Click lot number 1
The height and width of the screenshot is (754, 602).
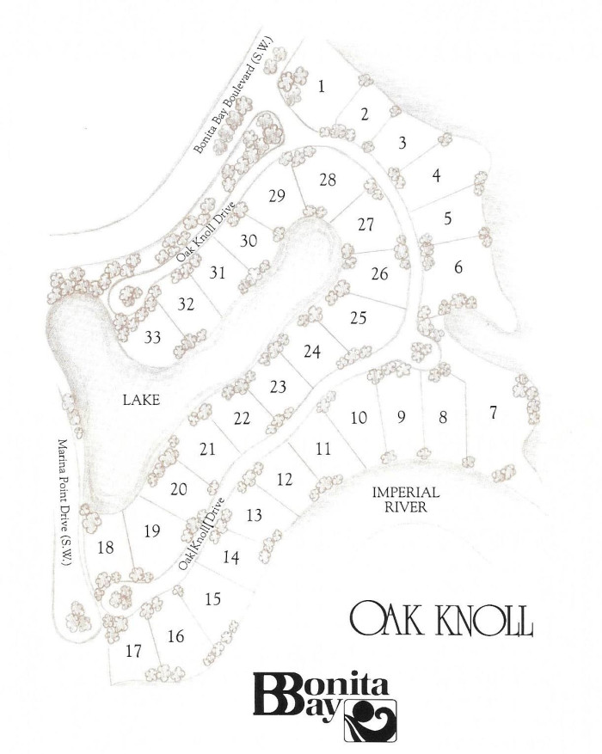(x=321, y=86)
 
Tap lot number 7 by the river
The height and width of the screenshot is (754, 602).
(x=493, y=414)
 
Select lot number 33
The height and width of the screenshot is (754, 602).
(x=153, y=337)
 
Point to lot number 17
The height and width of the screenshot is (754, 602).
(x=132, y=652)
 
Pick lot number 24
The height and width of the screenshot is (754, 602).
(x=312, y=352)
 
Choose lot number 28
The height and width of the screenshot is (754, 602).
(x=327, y=181)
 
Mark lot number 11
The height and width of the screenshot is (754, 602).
(x=322, y=449)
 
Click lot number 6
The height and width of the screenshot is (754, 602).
(x=458, y=268)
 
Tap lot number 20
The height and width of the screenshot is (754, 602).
(x=179, y=489)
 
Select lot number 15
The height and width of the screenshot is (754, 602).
(x=213, y=599)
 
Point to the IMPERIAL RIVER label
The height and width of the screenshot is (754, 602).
(x=406, y=500)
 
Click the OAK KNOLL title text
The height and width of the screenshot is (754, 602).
(x=441, y=618)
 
